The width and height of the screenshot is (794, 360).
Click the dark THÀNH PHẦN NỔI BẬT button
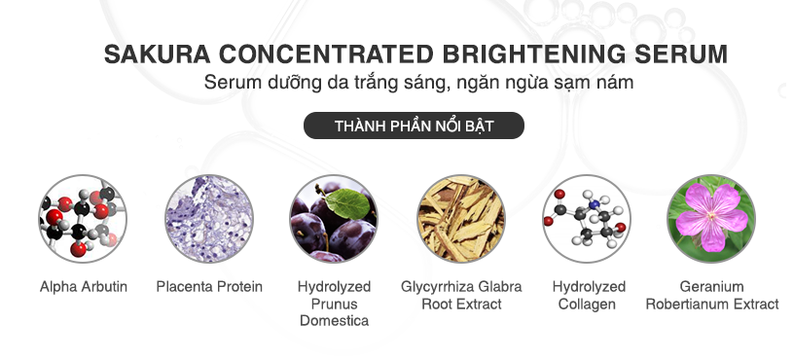click(414, 126)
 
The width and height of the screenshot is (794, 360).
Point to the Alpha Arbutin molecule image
click(83, 218)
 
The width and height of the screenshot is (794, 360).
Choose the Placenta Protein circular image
click(208, 218)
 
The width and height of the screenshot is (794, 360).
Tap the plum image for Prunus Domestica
click(334, 218)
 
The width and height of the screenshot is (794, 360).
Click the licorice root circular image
click(461, 218)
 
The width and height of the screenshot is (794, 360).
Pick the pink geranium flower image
click(712, 218)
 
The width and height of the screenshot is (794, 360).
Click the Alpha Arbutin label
click(84, 287)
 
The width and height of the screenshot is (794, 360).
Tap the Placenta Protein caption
click(209, 287)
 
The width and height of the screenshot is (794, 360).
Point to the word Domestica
click(334, 320)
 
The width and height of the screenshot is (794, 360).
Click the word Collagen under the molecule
click(589, 304)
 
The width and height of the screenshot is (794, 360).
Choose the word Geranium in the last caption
click(712, 287)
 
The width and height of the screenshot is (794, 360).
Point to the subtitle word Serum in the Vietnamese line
click(229, 83)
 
